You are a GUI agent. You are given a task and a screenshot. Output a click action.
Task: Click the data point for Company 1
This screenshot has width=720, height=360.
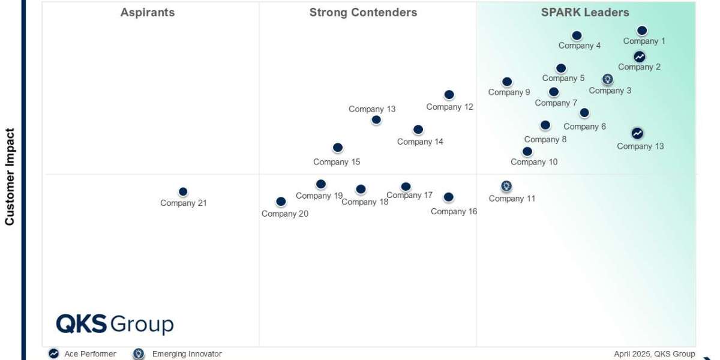pyautogui.click(x=642, y=31)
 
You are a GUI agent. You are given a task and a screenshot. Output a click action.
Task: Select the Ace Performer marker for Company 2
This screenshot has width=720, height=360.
pyautogui.click(x=640, y=57)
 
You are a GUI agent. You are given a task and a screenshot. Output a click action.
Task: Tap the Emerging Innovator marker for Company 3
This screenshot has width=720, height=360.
pyautogui.click(x=608, y=79)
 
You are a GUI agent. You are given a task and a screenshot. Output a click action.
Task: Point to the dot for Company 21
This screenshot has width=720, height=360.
pyautogui.click(x=183, y=192)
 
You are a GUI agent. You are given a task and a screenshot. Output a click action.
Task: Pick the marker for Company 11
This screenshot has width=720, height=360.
pyautogui.click(x=506, y=186)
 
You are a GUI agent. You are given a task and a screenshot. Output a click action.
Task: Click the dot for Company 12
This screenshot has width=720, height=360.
pyautogui.click(x=449, y=95)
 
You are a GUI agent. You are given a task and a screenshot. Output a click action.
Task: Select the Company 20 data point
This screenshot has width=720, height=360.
pyautogui.click(x=281, y=202)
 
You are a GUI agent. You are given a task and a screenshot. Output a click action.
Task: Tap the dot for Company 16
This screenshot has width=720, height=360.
pyautogui.click(x=448, y=197)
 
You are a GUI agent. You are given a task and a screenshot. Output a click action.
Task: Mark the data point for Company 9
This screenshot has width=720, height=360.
pyautogui.click(x=507, y=82)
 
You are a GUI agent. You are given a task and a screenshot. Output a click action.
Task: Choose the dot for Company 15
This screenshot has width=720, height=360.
pyautogui.click(x=338, y=148)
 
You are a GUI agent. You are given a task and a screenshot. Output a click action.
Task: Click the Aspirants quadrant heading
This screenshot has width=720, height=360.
pyautogui.click(x=148, y=13)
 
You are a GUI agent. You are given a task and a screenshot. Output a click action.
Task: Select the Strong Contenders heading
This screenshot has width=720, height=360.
pyautogui.click(x=363, y=13)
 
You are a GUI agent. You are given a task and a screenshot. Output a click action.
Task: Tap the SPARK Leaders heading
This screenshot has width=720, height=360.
pyautogui.click(x=585, y=13)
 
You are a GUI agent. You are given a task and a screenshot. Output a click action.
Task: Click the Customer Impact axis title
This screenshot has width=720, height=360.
pyautogui.click(x=10, y=176)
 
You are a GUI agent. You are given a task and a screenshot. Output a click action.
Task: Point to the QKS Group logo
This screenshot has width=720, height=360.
pyautogui.click(x=115, y=324)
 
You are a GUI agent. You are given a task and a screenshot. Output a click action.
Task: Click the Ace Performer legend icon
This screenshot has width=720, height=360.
pyautogui.click(x=54, y=354)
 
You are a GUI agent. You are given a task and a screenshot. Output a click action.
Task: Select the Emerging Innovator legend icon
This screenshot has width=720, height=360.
pyautogui.click(x=139, y=354)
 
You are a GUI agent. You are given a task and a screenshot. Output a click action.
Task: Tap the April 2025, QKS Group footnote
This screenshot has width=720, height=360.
pyautogui.click(x=654, y=354)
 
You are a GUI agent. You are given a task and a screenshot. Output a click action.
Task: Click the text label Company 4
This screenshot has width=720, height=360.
pyautogui.click(x=580, y=46)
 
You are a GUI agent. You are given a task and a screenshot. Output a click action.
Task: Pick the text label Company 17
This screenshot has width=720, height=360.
pyautogui.click(x=409, y=195)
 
